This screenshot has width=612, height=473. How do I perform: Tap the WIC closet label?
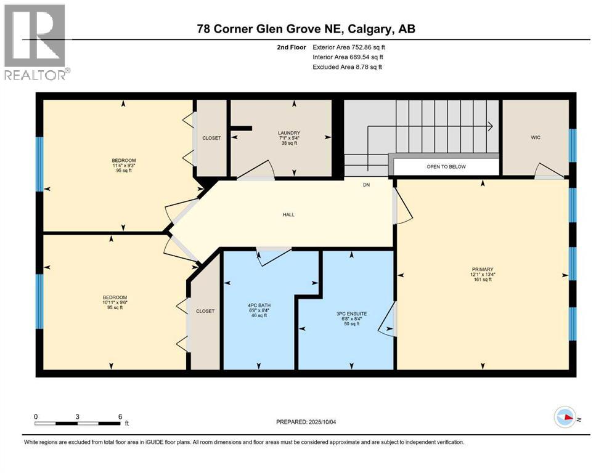tap(535, 137)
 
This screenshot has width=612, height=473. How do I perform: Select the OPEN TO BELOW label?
tap(446, 167)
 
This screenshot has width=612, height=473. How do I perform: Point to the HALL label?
tap(288, 215)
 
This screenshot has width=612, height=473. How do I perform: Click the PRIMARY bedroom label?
tap(483, 269)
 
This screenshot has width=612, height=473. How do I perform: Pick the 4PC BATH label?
tap(258, 305)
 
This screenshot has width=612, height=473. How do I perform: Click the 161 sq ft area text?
tap(483, 280)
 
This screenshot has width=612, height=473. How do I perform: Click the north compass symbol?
tap(566, 418)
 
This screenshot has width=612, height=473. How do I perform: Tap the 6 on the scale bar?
tap(120, 416)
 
